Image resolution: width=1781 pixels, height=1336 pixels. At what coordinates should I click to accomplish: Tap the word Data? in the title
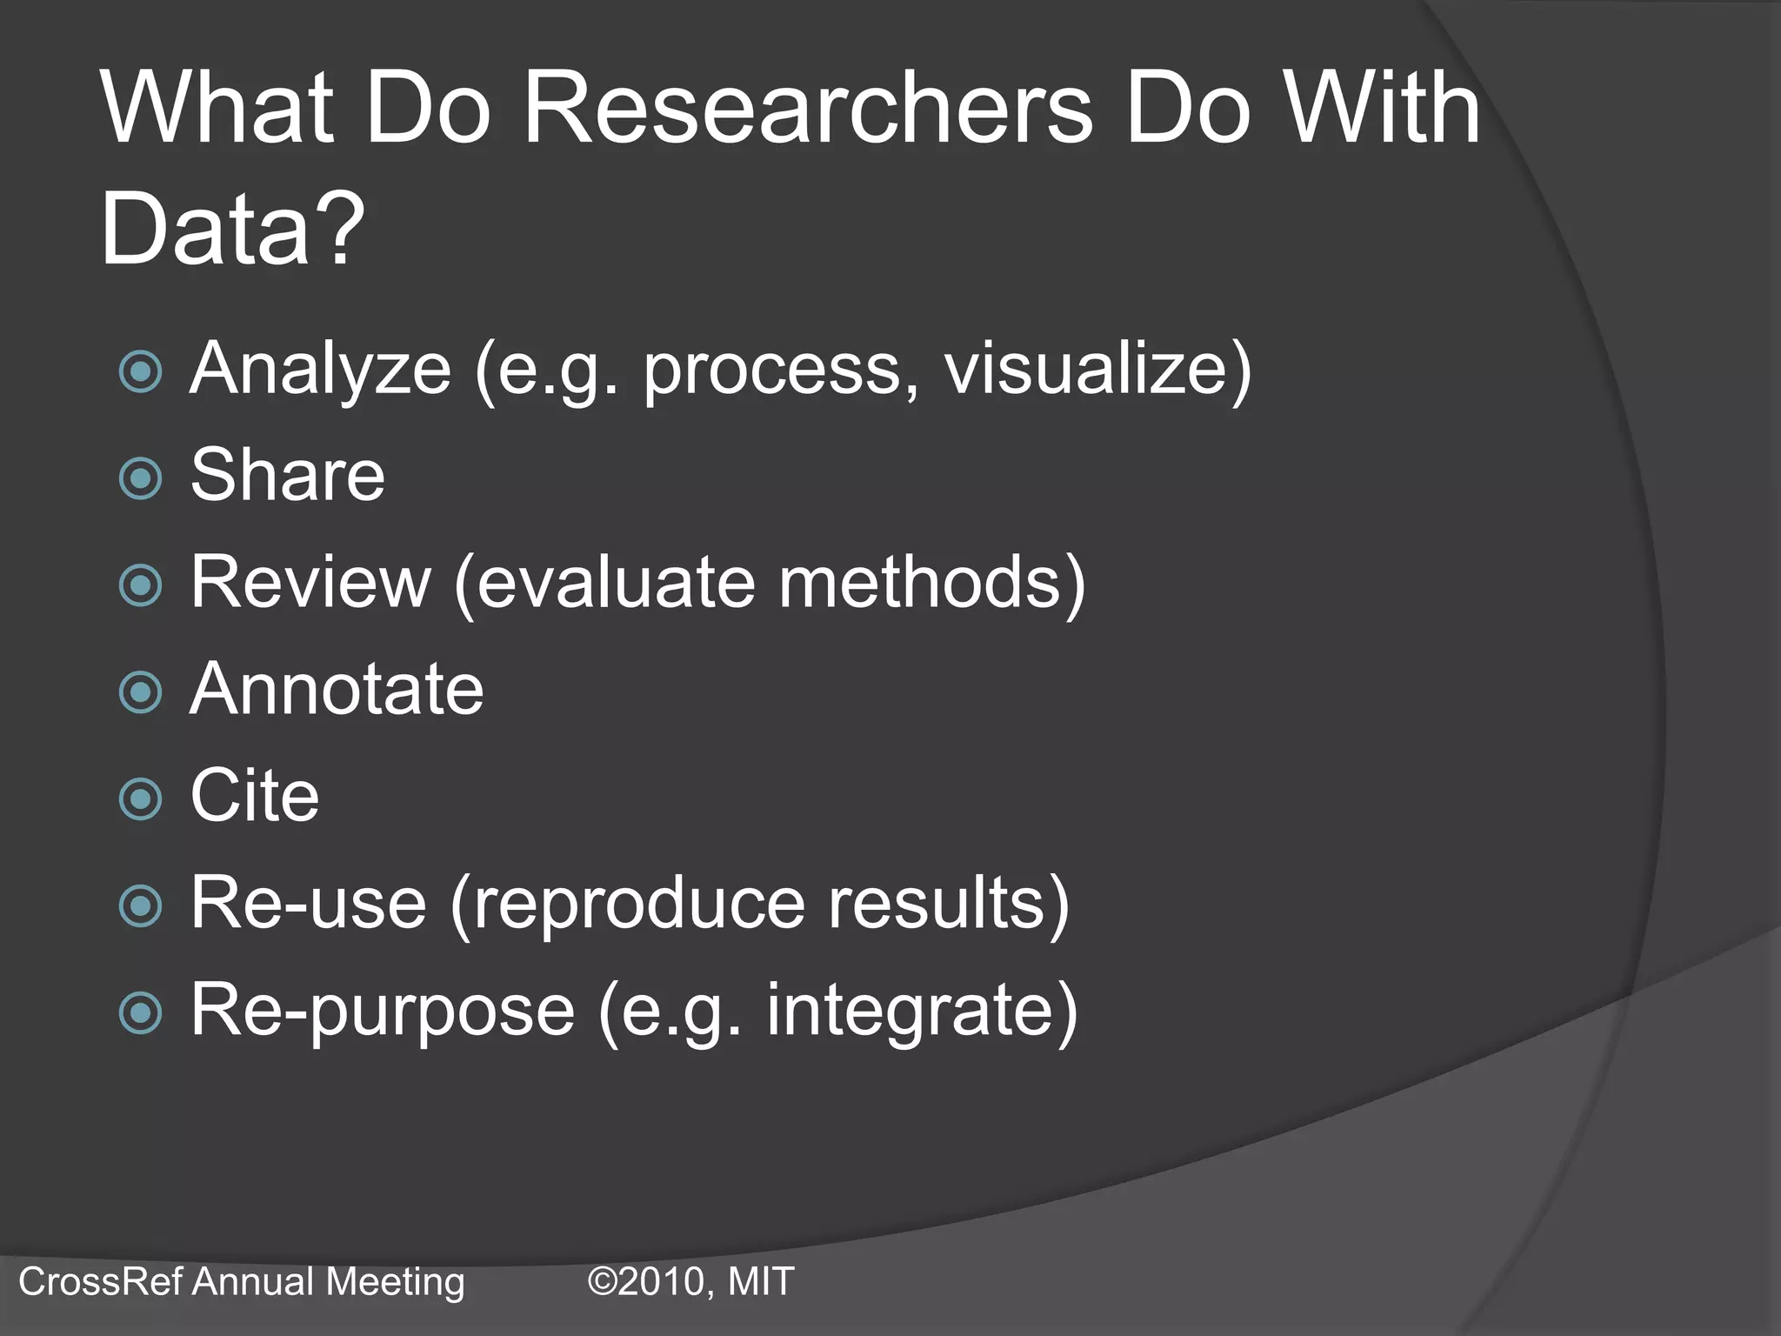[x=233, y=228]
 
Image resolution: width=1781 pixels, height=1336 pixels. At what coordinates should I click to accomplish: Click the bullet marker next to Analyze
[x=141, y=372]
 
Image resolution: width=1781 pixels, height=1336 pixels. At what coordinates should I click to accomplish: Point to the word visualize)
[x=1097, y=369]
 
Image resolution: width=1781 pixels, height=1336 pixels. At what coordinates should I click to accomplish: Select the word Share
[x=287, y=475]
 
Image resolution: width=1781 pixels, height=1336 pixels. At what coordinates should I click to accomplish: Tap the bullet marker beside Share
[x=141, y=478]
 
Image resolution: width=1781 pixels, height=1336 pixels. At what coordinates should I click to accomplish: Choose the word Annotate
[x=337, y=689]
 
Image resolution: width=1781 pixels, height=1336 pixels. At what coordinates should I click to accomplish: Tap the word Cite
[x=255, y=796]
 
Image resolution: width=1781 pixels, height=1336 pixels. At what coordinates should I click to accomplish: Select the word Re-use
[x=309, y=903]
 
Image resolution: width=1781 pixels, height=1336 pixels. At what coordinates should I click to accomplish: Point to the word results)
[x=948, y=903]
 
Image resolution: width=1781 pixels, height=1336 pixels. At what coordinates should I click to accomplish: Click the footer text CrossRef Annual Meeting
[x=242, y=1281]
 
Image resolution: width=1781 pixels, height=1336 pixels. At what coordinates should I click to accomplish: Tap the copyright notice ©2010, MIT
[x=691, y=1281]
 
